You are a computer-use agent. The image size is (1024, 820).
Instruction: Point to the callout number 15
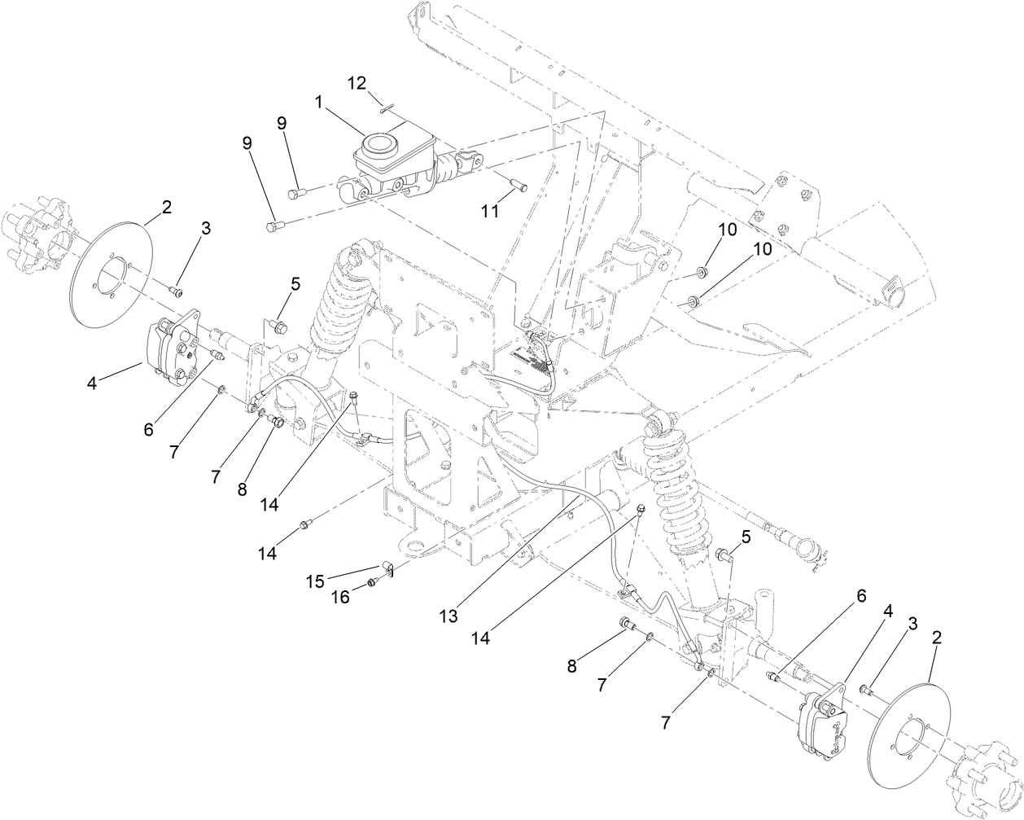point(314,581)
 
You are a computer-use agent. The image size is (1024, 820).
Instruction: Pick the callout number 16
point(339,597)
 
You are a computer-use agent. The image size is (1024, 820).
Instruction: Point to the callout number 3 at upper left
point(206,229)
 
